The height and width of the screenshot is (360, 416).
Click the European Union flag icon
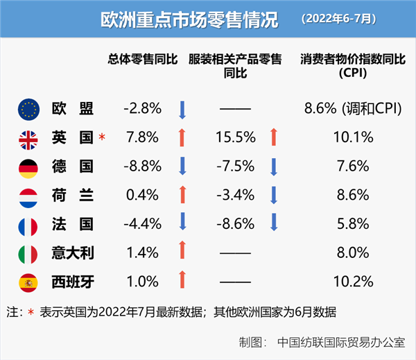28,108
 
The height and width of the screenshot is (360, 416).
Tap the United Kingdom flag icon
28,137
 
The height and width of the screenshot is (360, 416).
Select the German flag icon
28,166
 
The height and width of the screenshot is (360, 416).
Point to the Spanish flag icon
28,282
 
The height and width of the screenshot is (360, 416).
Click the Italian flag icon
28,253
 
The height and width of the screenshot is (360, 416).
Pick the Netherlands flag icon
28,196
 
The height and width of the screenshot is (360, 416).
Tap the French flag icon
28,224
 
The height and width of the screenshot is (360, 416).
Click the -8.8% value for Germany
142,166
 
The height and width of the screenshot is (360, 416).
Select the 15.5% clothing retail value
236,137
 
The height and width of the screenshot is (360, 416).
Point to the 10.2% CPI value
353,282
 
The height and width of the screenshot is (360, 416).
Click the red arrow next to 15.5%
274,137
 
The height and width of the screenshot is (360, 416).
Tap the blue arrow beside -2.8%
182,109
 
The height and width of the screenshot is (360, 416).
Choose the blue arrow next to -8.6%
274,223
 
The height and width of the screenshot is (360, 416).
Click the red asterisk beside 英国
102,137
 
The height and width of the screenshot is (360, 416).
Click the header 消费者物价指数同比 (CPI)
353,67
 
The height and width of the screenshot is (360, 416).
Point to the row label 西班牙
72,282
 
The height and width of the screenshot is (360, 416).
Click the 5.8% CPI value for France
353,224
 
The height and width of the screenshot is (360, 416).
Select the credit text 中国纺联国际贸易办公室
341,343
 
